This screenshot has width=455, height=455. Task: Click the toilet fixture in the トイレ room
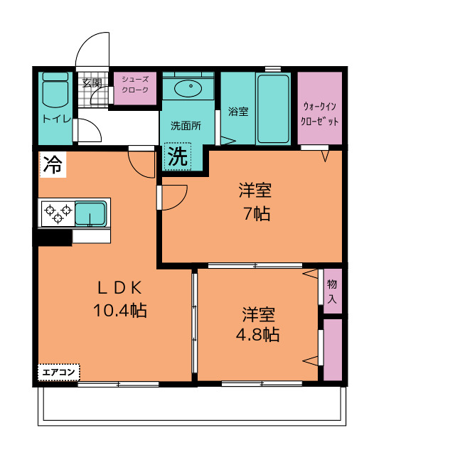pyautogui.click(x=55, y=90)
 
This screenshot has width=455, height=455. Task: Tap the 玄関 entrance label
pyautogui.click(x=92, y=83)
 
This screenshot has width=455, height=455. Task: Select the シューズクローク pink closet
pyautogui.click(x=135, y=88)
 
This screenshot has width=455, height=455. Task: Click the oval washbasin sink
pyautogui.click(x=188, y=87)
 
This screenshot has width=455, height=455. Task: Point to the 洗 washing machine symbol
pyautogui.click(x=178, y=156)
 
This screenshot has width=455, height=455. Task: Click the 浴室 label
pyautogui.click(x=238, y=112)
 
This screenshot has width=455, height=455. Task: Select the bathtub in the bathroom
pyautogui.click(x=273, y=109)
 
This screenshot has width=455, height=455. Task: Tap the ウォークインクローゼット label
pyautogui.click(x=320, y=114)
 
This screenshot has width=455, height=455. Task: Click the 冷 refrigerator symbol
pyautogui.click(x=53, y=164)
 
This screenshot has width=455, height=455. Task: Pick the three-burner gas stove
pyautogui.click(x=58, y=213)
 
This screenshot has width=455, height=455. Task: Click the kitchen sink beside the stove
pyautogui.click(x=91, y=213)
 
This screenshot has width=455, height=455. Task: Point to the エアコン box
pyautogui.click(x=58, y=373)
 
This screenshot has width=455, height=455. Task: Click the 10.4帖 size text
pyautogui.click(x=120, y=311)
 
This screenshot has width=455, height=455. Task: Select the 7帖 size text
pyautogui.click(x=257, y=214)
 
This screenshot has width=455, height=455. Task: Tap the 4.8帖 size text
pyautogui.click(x=257, y=335)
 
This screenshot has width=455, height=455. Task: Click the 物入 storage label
pyautogui.click(x=332, y=291)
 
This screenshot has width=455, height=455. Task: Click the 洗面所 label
pyautogui.click(x=186, y=126)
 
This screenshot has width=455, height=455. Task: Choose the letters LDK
pyautogui.click(x=120, y=288)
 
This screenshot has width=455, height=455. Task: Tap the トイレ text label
pyautogui.click(x=57, y=119)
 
